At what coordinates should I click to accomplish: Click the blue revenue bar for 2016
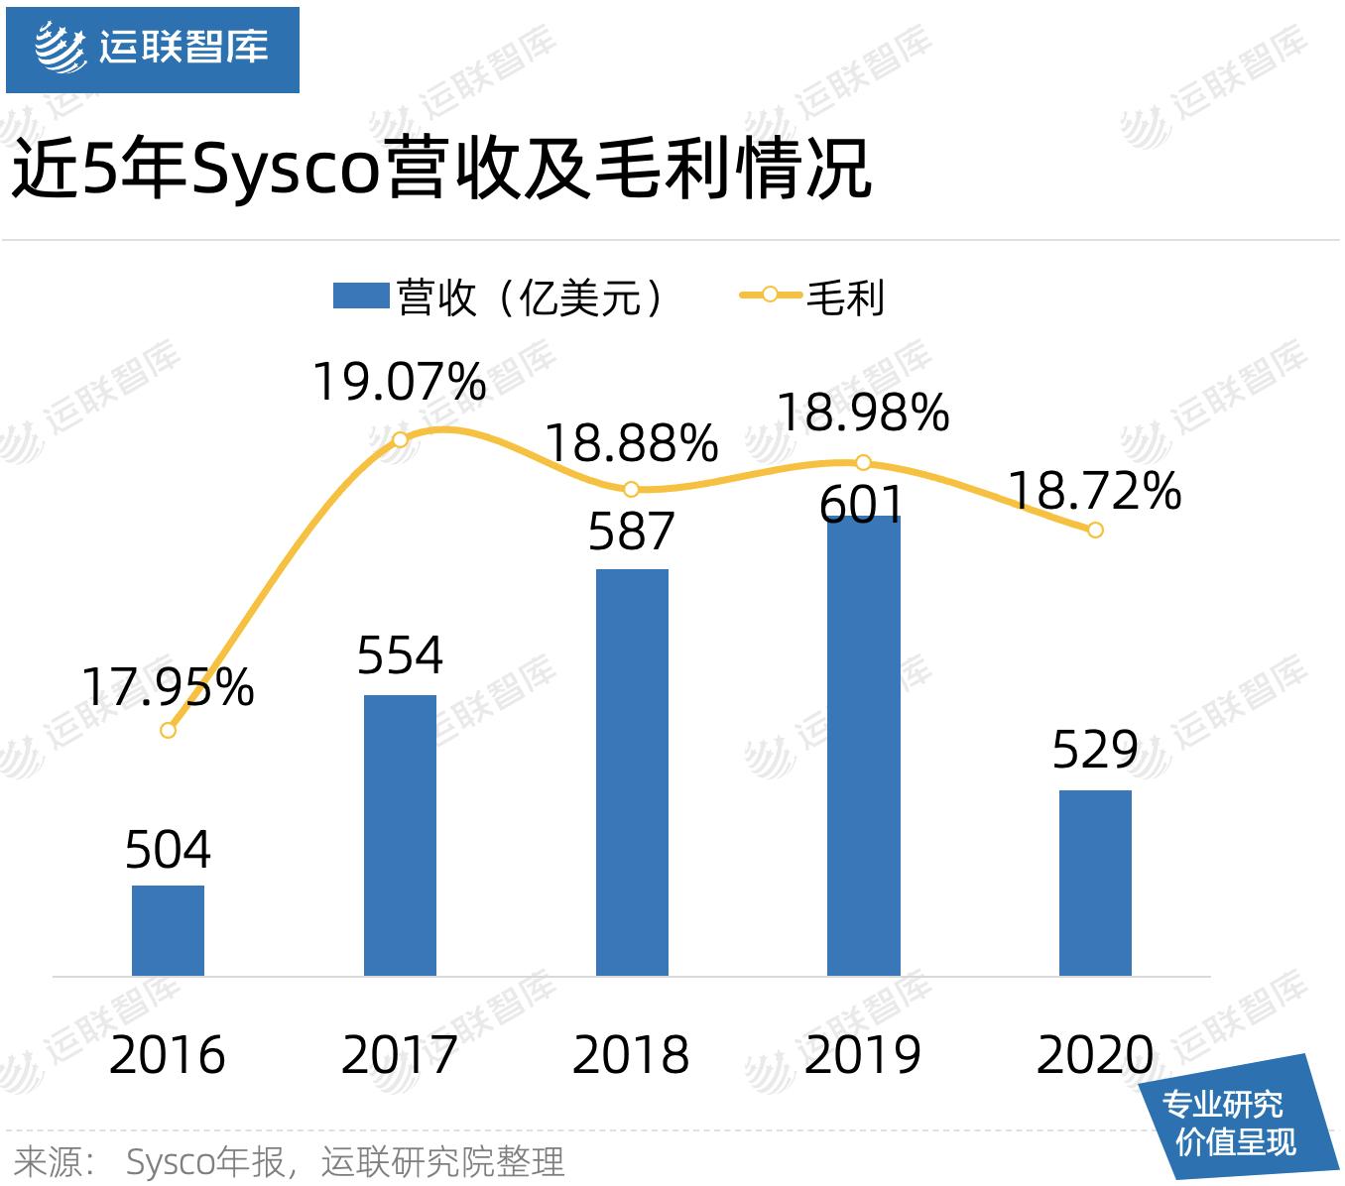pos(168,930)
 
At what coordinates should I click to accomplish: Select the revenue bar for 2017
pos(400,835)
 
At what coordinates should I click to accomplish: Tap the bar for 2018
pos(632,771)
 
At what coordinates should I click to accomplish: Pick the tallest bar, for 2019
pos(864,746)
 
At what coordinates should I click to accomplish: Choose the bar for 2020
pos(1095,883)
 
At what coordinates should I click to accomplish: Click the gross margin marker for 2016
pos(168,730)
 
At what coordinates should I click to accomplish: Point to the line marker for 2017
pos(400,439)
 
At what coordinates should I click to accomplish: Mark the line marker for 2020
pos(1095,530)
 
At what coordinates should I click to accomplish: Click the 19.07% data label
pos(400,383)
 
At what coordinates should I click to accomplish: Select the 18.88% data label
pos(632,443)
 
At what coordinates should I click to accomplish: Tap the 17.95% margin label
pos(168,687)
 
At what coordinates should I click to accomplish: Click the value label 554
pos(400,655)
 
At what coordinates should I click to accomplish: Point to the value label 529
pos(1095,750)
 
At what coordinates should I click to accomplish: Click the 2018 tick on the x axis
pos(631,1054)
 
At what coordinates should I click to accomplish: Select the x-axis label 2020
pos(1095,1054)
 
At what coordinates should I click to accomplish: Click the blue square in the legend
pos(360,296)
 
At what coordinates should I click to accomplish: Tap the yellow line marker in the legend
pos(770,295)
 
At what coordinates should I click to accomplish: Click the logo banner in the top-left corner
pos(153,50)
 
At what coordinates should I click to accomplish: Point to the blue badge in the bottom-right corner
pos(1240,1122)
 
